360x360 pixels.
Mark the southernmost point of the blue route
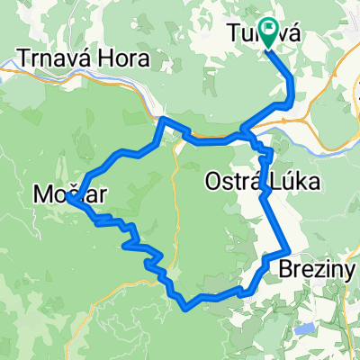(x=185, y=307)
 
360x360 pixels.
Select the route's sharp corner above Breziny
(x=286, y=250)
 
